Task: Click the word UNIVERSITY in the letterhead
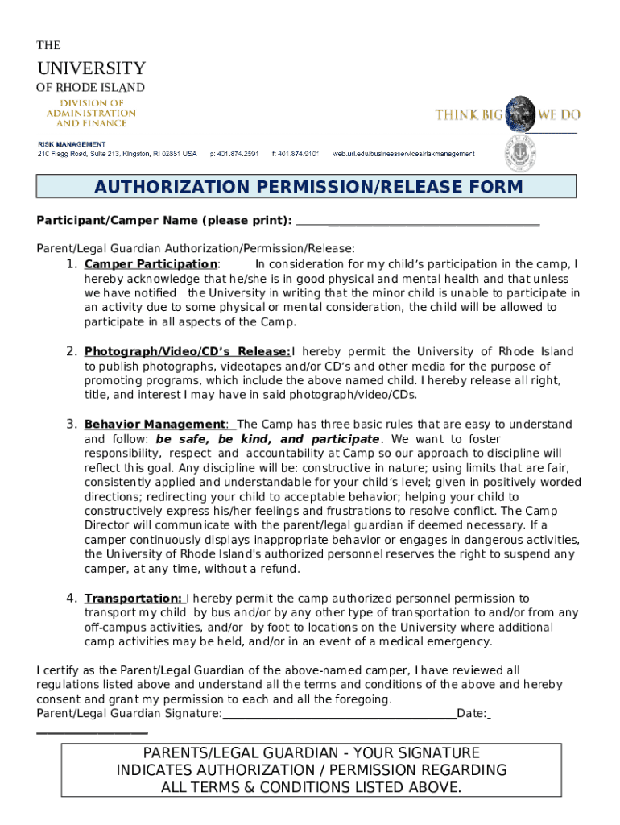[x=91, y=68]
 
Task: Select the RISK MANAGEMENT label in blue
[x=72, y=143]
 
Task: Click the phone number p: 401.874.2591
[x=234, y=153]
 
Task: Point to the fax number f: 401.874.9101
[x=296, y=153]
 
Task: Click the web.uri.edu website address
[x=403, y=153]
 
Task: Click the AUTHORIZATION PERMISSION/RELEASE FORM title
[x=308, y=188]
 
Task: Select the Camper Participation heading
[x=150, y=264]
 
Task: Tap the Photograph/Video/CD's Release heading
[x=187, y=351]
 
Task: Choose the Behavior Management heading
[x=155, y=424]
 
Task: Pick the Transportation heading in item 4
[x=133, y=598]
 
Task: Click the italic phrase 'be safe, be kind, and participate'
[x=267, y=439]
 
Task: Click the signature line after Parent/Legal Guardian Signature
[x=339, y=715]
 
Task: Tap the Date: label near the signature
[x=472, y=714]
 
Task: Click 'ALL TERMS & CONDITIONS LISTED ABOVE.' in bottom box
[x=312, y=787]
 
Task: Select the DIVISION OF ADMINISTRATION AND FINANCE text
[x=91, y=113]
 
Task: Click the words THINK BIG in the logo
[x=469, y=115]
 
